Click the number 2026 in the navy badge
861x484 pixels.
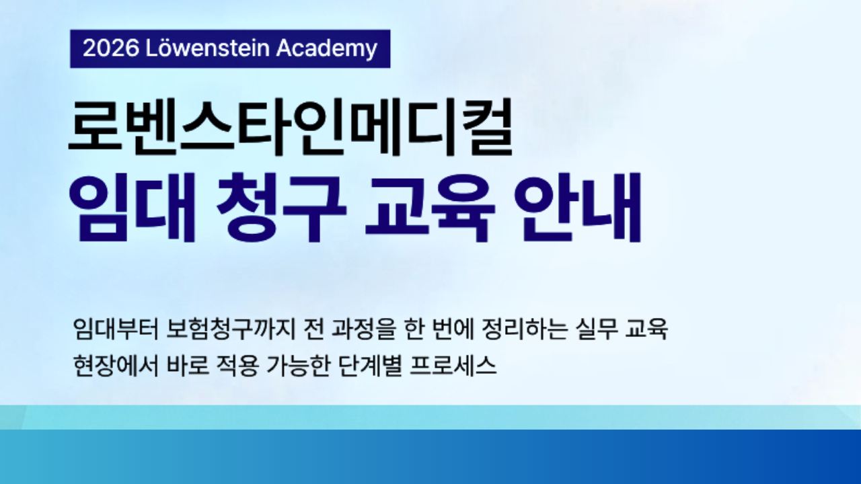coord(111,48)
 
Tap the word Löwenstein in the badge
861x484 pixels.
coord(208,48)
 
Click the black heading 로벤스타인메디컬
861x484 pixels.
coord(291,127)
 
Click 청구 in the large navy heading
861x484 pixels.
coord(281,208)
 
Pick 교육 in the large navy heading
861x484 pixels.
coord(430,208)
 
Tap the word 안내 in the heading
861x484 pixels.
coord(578,208)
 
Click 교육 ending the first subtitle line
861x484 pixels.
coord(646,329)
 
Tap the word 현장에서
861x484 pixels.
coord(116,366)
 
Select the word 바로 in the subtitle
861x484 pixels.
coord(188,366)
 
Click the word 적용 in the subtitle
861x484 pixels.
coord(237,366)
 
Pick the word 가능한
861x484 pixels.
coord(298,366)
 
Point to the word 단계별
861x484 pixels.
coord(371,366)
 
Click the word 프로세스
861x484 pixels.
coord(453,366)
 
